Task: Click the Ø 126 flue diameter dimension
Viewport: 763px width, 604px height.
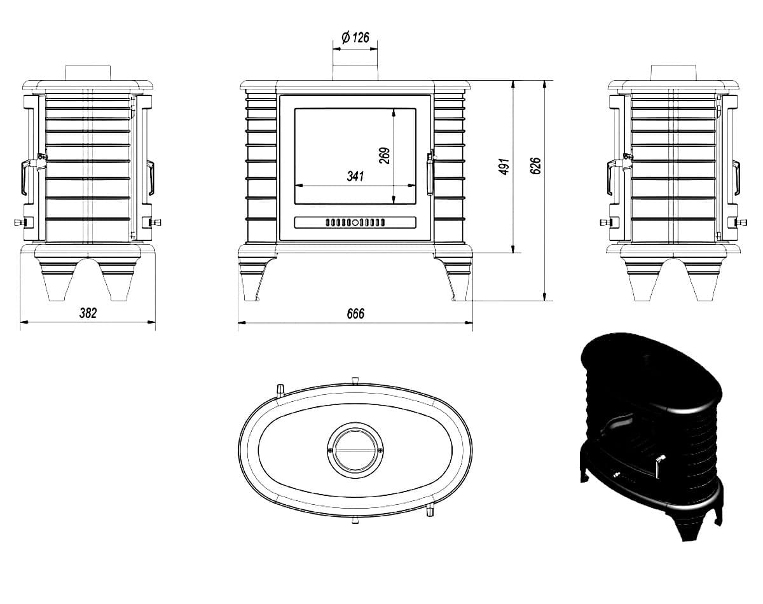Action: [x=355, y=38]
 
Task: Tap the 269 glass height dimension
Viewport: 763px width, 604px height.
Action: [x=384, y=155]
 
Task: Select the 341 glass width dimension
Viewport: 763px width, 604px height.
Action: [x=355, y=176]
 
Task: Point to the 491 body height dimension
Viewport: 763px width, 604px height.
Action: [x=504, y=167]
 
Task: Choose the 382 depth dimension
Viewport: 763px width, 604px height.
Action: [x=88, y=313]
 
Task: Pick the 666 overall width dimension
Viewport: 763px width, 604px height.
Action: [x=355, y=313]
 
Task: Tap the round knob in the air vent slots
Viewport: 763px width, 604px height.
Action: [x=355, y=223]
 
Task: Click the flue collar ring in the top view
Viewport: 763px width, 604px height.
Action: [x=355, y=450]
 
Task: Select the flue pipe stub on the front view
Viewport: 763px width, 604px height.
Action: [x=355, y=72]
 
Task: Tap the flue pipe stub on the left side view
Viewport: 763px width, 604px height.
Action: [x=88, y=72]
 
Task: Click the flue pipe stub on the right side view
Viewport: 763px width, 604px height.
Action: [x=673, y=72]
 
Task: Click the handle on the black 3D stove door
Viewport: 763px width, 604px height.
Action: [x=659, y=467]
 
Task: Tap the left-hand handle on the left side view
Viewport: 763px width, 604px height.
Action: [x=25, y=177]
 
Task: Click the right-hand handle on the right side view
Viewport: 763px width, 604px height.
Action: [x=736, y=177]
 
